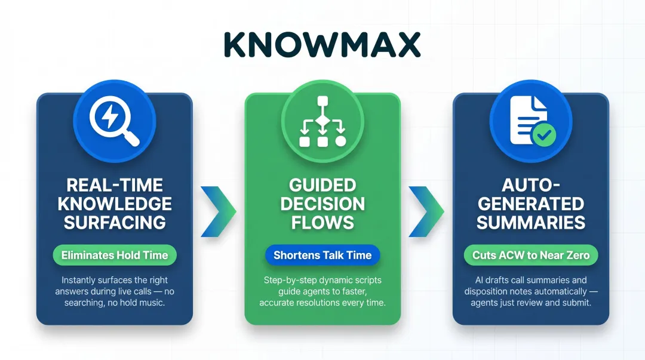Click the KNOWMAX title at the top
pos(322,44)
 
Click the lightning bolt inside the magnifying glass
pos(109,116)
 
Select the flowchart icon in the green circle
pos(322,121)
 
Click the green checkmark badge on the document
pos(544,134)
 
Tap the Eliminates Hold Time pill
pos(115,255)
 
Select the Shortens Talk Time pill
pos(322,255)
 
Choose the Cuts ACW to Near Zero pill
pos(531,255)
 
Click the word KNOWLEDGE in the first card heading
pos(115,204)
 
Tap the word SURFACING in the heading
pos(115,223)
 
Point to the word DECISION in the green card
pos(322,204)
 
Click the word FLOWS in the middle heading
pos(322,223)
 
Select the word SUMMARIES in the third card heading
pos(531,223)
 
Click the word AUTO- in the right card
pos(531,185)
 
